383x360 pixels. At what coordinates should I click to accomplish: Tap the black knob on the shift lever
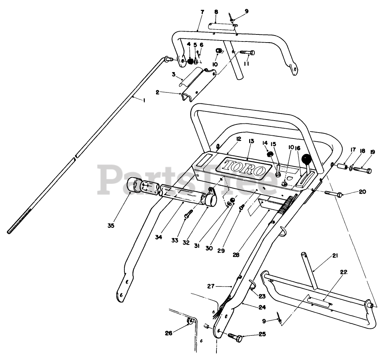(307, 160)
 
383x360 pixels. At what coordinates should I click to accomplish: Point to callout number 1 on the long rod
(144, 100)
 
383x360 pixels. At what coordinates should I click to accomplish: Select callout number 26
(169, 333)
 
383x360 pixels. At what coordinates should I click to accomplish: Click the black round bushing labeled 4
(190, 62)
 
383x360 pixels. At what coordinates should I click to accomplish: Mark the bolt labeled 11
(248, 53)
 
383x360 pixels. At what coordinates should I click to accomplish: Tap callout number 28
(236, 255)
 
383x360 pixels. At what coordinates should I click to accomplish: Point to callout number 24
(261, 307)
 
